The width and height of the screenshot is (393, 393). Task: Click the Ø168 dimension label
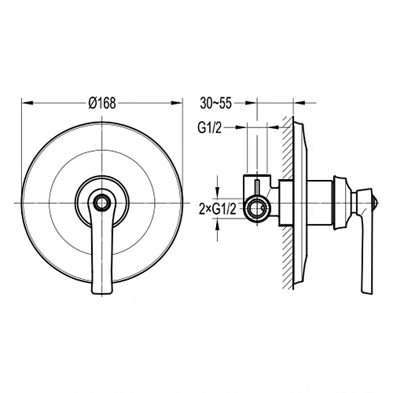click(x=102, y=103)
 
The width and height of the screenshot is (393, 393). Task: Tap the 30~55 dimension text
click(x=216, y=103)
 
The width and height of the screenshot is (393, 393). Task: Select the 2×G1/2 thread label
click(x=218, y=209)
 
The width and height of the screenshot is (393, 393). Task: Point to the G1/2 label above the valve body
click(x=210, y=128)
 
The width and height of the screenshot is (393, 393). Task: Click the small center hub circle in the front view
click(x=102, y=203)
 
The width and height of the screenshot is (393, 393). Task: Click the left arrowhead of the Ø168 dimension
click(x=28, y=103)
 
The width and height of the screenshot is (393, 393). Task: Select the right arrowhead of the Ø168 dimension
click(x=176, y=103)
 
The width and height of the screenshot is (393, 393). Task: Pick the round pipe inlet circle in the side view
click(x=256, y=208)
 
